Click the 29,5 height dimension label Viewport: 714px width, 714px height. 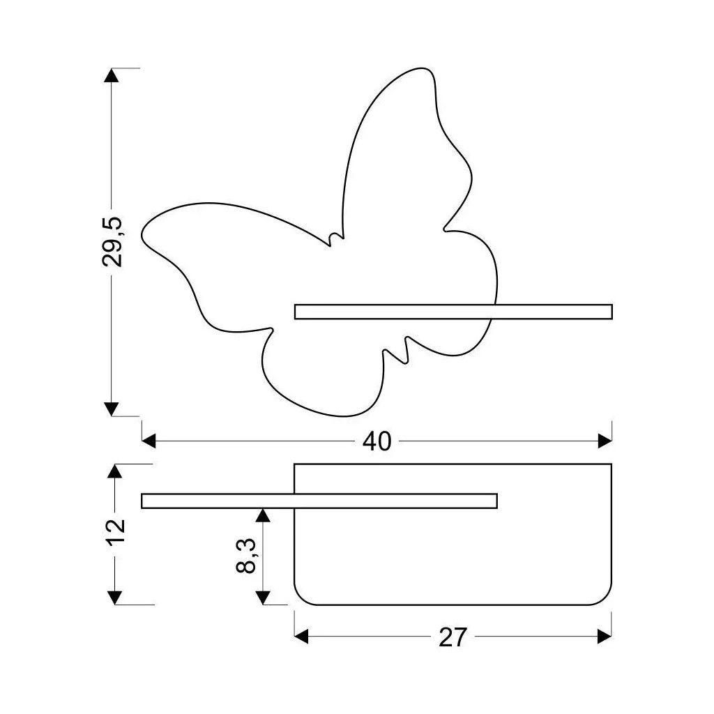(112, 241)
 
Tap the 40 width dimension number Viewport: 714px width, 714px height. (377, 441)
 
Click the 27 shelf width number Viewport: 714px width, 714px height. (453, 637)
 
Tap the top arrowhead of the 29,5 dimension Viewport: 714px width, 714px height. (112, 75)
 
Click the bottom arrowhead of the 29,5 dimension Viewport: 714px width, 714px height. (112, 409)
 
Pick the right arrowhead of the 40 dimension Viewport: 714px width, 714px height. (605, 441)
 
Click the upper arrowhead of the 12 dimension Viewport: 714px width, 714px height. (116, 471)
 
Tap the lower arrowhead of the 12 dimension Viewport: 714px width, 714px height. (116, 597)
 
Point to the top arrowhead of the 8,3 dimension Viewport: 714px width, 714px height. (263, 515)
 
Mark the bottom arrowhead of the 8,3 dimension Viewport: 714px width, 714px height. (263, 597)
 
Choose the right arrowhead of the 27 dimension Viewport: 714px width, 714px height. (605, 636)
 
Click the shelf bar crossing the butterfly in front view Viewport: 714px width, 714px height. (453, 312)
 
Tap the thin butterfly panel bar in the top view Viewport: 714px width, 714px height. (319, 501)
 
